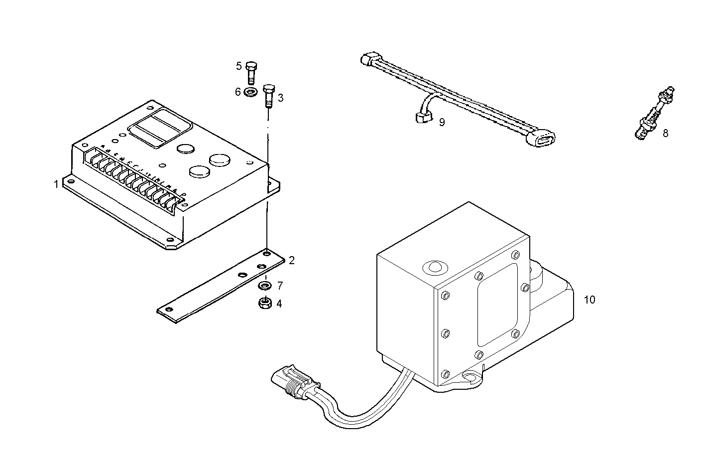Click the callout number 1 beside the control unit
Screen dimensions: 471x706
[56, 184]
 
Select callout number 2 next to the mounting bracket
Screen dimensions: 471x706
[292, 260]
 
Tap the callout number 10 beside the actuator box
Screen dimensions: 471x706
[589, 300]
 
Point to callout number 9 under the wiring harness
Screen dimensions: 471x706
[442, 122]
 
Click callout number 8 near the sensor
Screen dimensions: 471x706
[665, 133]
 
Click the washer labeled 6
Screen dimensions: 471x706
[251, 92]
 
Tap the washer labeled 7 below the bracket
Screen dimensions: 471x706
[265, 286]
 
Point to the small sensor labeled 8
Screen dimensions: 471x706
[653, 114]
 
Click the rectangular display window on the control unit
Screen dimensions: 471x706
[160, 127]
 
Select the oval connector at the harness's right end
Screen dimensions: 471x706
[542, 138]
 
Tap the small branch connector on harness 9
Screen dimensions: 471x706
[423, 118]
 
